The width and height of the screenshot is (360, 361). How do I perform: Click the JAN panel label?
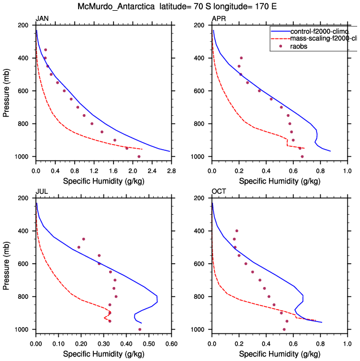tap(42, 19)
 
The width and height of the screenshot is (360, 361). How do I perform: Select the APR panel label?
tap(218, 19)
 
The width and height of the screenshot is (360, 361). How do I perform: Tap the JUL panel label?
tap(41, 192)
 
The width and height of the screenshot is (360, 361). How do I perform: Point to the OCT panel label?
tap(219, 192)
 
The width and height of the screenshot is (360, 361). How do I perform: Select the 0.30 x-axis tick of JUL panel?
tap(103, 342)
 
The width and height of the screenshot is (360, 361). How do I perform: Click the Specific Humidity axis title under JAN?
tap(103, 181)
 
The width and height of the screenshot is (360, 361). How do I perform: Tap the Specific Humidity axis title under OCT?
tap(280, 354)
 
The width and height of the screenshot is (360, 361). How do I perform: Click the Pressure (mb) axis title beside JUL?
tap(7, 263)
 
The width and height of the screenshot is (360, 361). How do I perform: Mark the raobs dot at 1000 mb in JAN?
tap(139, 156)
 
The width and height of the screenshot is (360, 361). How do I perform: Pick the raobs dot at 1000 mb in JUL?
tap(140, 329)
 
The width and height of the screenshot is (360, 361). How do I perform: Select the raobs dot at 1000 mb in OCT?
tap(284, 329)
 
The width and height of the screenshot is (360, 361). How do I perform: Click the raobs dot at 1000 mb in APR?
tap(302, 156)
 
